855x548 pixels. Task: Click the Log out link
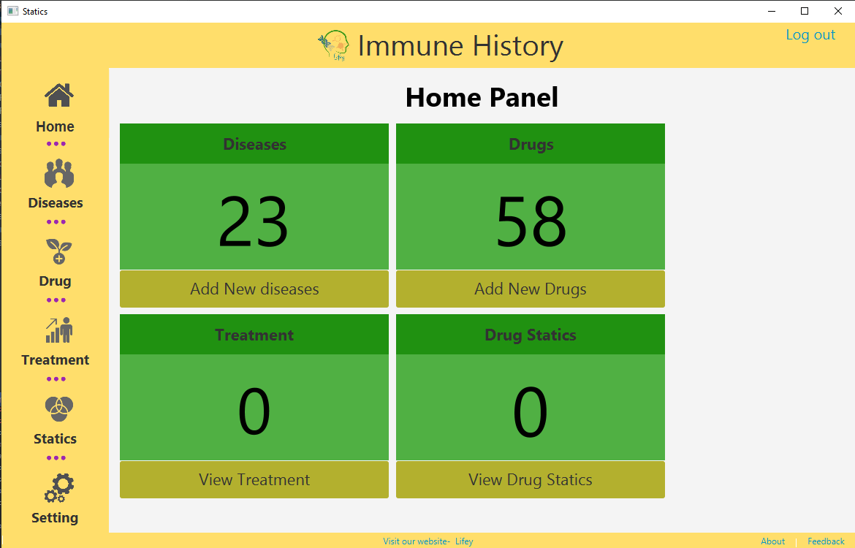pos(810,36)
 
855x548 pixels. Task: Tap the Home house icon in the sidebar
pos(59,96)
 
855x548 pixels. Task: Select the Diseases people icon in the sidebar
pos(59,173)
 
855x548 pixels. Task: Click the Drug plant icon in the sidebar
pos(59,251)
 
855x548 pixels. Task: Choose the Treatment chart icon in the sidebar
pos(59,330)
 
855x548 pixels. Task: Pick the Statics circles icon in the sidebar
pos(59,409)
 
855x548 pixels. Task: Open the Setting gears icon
pos(59,488)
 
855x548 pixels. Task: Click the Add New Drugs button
pos(531,289)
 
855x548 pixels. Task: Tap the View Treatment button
pos(254,480)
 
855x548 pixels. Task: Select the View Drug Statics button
pos(531,480)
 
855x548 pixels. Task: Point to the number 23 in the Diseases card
pos(254,222)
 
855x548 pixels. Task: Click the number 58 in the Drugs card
pos(531,222)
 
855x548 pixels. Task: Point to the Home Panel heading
pos(482,98)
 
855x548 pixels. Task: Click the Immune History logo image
pos(333,45)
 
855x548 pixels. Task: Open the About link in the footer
pos(772,541)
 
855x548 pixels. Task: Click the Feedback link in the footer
pos(826,541)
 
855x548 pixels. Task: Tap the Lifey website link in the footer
pos(464,541)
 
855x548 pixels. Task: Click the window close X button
pos(838,11)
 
